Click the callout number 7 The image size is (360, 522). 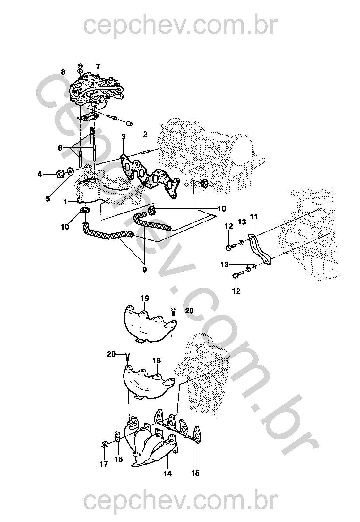click(x=98, y=66)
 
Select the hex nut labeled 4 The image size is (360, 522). click(x=59, y=174)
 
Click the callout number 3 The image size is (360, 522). click(x=123, y=137)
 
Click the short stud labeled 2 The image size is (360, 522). click(x=145, y=150)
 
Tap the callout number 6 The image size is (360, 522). click(x=60, y=148)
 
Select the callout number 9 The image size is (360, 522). click(x=144, y=270)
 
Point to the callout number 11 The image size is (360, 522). click(x=254, y=217)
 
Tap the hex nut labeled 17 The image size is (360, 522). click(x=104, y=445)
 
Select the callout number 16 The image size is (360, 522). click(x=118, y=459)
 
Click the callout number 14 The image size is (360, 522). click(x=167, y=474)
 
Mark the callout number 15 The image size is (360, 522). click(x=195, y=473)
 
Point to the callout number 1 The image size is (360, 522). click(x=65, y=202)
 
